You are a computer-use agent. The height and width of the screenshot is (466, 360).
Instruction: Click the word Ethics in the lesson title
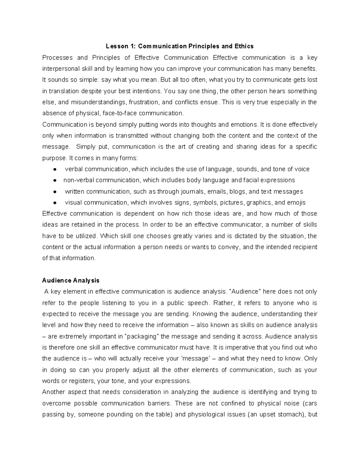coord(244,46)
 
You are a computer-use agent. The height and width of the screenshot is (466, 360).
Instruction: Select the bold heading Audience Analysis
coord(71,281)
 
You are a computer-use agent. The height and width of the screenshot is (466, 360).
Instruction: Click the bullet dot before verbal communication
coord(55,170)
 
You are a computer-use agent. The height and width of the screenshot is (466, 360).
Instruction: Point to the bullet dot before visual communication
coord(55,203)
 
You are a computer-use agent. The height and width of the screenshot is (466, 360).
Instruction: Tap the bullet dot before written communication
coord(55,192)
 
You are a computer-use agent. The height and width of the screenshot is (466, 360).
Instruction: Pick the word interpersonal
coord(59,69)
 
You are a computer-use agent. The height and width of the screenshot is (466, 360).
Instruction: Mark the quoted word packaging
coord(142,336)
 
